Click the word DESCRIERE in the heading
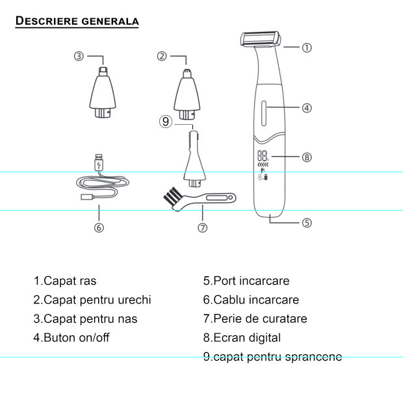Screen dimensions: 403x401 pos(47,21)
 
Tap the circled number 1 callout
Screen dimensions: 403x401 pos(307,47)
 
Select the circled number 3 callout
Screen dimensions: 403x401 pos(79,56)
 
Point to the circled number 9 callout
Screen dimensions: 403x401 pos(166,122)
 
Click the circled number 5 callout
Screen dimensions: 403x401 pos(307,223)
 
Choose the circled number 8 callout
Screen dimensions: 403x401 pos(307,157)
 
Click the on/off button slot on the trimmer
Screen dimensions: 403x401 pos(264,113)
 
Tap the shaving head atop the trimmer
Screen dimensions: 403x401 pos(261,39)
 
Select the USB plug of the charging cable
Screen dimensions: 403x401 pos(99,162)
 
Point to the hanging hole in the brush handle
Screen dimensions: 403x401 pos(230,198)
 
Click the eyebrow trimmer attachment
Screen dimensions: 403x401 pos(194,159)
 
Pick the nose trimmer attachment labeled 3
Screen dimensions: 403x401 pos(103,92)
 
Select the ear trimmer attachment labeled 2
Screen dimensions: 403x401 pos(187,94)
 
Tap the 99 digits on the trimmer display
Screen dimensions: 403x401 pos(263,156)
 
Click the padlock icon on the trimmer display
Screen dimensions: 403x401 pos(266,177)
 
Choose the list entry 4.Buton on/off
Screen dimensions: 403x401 pos(71,337)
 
